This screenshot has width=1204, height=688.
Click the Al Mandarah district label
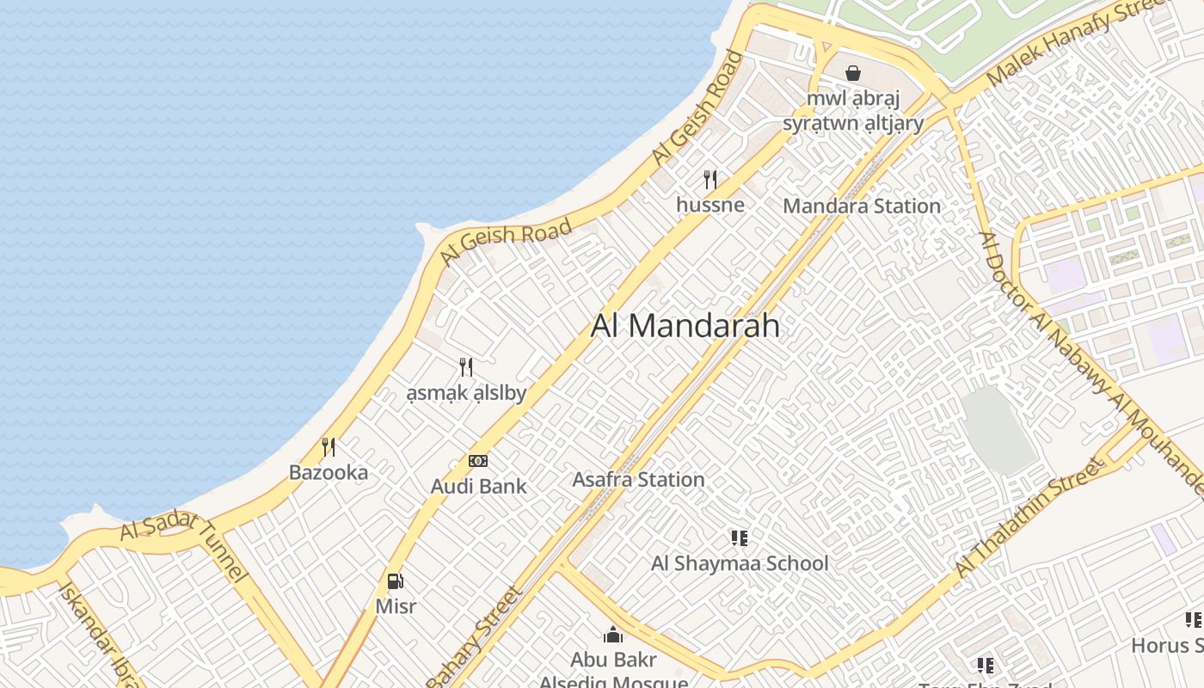[x=685, y=326]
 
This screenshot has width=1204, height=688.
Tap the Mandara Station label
[x=862, y=206]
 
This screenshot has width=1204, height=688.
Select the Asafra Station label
[x=638, y=480]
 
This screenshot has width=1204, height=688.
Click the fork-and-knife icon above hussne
[x=710, y=179]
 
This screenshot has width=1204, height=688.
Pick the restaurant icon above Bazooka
[x=329, y=446]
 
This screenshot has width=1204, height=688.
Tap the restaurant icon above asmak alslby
[x=466, y=367]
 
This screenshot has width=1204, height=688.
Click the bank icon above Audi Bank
[x=478, y=461]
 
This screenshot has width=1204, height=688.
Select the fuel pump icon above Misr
[x=396, y=581]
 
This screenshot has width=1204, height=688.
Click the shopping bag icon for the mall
[x=853, y=73]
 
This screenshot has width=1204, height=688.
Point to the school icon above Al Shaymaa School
[x=740, y=538]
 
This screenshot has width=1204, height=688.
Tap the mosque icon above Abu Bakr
[x=613, y=635]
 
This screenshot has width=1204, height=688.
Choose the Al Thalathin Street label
[x=1029, y=519]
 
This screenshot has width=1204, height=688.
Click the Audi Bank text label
[x=478, y=487]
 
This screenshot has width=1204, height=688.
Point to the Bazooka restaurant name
[x=329, y=472]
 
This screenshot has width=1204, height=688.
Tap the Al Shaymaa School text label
[x=740, y=564]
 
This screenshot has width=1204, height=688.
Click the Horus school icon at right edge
[x=1194, y=619]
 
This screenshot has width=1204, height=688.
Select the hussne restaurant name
[x=710, y=205]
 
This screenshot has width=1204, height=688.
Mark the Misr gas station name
[x=396, y=606]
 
